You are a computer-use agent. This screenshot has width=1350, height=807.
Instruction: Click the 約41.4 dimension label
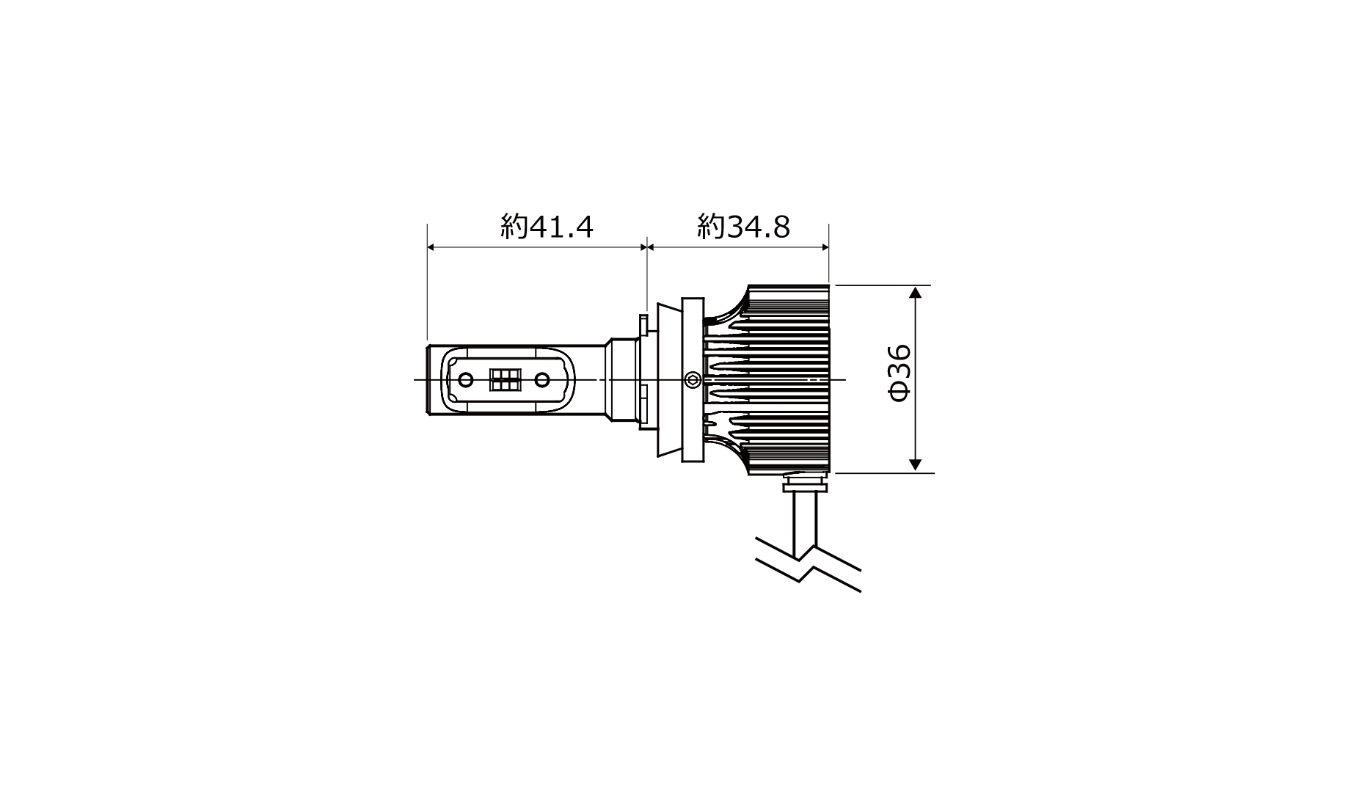[x=547, y=227]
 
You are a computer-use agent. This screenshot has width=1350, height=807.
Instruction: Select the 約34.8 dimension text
[x=744, y=227]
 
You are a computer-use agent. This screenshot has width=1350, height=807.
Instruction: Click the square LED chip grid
[x=504, y=379]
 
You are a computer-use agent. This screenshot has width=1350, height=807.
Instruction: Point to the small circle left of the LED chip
[x=466, y=379]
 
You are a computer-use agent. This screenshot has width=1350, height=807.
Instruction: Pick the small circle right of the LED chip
[x=542, y=379]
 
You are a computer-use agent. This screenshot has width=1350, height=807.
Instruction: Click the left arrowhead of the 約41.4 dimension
[x=433, y=248]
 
